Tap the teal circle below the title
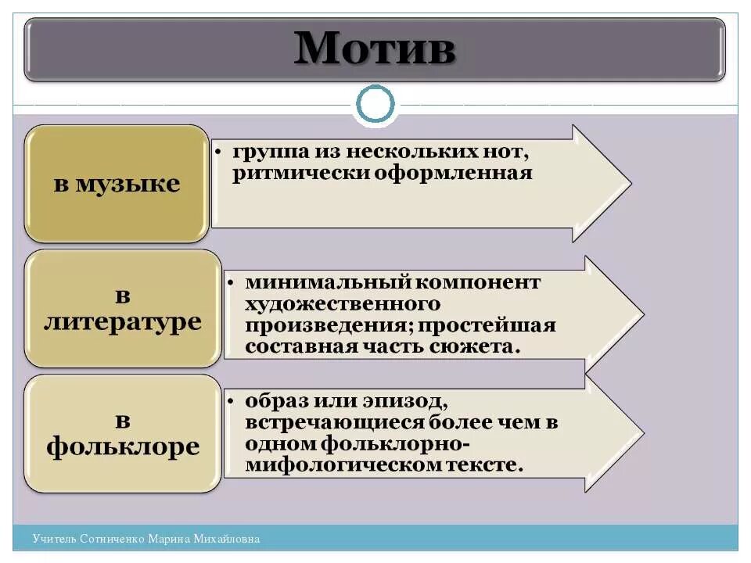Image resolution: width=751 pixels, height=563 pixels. pyautogui.click(x=375, y=105)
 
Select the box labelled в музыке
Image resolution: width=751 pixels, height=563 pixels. pyautogui.click(x=117, y=185)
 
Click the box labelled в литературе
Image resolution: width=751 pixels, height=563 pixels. pyautogui.click(x=122, y=309)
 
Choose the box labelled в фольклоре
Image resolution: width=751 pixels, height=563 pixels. pyautogui.click(x=122, y=434)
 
